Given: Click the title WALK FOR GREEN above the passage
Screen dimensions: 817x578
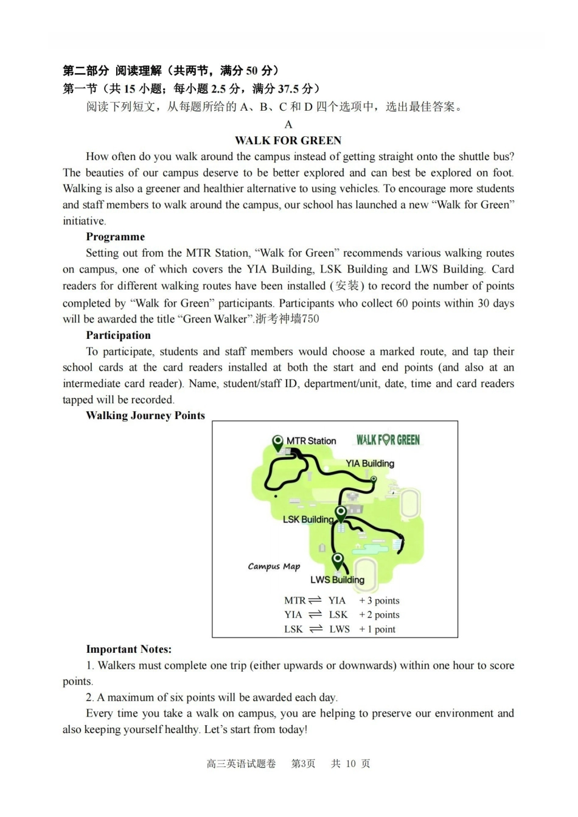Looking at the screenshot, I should tap(288, 141).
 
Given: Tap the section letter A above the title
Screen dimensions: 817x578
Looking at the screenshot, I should tap(288, 124).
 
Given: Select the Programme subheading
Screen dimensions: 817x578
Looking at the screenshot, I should tap(115, 237).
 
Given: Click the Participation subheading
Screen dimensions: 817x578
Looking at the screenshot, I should tap(118, 335).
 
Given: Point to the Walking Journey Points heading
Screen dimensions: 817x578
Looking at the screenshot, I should tap(145, 415).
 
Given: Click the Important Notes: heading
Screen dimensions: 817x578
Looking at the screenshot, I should tap(128, 649).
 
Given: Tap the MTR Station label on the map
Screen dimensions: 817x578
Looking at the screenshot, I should tap(311, 440).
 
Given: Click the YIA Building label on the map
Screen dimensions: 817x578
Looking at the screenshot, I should tap(370, 463).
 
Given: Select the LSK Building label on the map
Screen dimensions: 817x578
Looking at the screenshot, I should tap(308, 519).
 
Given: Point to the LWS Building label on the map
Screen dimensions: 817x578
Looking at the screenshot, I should tap(337, 580).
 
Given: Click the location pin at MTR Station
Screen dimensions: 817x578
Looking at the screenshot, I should tap(278, 442).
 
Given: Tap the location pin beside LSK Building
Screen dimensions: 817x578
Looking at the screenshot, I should tap(341, 513).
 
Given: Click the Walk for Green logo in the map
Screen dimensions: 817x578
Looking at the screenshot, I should tap(388, 440).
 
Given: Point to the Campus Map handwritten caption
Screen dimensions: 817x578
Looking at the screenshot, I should tap(274, 566).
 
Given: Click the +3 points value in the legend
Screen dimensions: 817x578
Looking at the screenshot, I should tap(379, 600).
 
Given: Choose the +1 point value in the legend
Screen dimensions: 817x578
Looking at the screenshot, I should tap(377, 629).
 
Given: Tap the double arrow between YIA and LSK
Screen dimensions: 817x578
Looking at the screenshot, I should tap(315, 614).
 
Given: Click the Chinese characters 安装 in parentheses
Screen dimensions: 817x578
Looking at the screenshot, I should tap(347, 286).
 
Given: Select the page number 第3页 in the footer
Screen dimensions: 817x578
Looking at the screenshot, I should tap(303, 763).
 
